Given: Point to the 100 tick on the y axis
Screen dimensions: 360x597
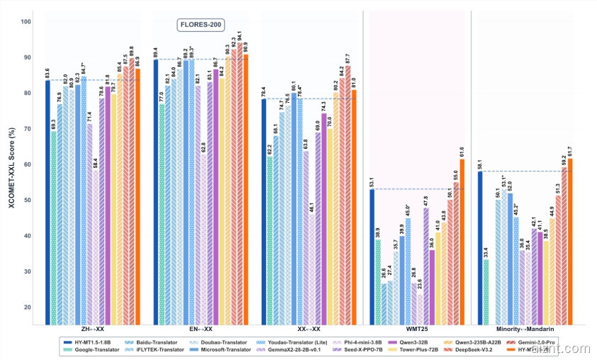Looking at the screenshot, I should coord(27,22).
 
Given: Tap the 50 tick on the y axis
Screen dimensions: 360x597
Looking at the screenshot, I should coord(27,201).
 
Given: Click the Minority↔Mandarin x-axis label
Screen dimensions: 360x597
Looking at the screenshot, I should coord(523,330).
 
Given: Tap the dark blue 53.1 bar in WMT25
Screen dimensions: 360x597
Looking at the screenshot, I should coord(372,256).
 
